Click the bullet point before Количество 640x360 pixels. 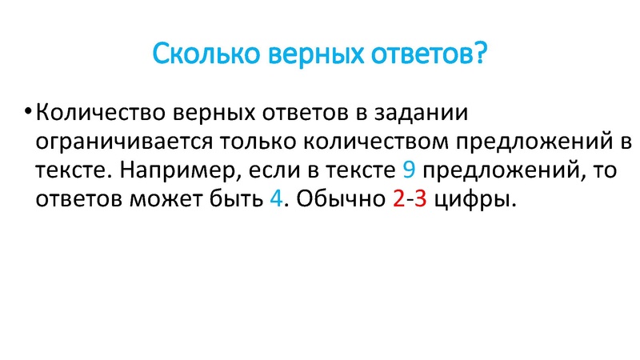[29, 110]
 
